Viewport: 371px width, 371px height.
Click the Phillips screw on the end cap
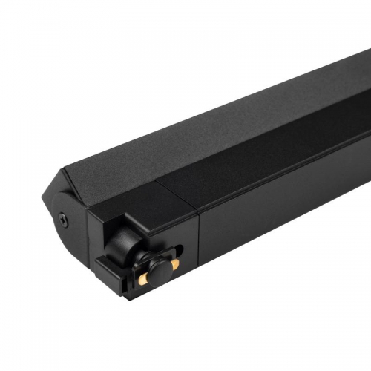(64, 219)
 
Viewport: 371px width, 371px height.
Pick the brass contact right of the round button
(173, 264)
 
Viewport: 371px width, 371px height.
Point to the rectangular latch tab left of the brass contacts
(107, 266)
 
